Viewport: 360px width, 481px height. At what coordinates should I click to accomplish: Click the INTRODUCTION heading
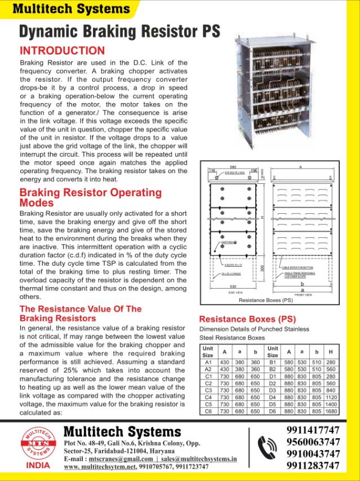point(62,50)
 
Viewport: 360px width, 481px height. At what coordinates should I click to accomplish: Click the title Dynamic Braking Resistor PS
point(119,31)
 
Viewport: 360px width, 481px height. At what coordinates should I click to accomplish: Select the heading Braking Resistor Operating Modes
point(90,197)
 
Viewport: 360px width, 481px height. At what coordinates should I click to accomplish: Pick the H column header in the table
point(330,351)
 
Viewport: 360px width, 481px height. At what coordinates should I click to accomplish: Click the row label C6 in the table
point(208,412)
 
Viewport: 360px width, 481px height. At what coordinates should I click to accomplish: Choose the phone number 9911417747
point(313,430)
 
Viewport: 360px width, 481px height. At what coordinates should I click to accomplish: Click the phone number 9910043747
point(313,454)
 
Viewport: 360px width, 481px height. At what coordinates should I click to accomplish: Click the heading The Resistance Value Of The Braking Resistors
point(81,314)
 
